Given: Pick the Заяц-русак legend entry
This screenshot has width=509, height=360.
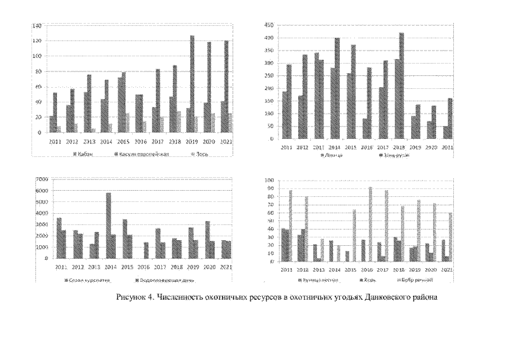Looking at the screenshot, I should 396,155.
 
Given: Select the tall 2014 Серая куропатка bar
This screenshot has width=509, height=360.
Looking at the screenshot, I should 109,225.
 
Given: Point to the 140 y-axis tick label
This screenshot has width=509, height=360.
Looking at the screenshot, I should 37,26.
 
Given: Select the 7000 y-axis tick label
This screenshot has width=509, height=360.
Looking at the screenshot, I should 42,179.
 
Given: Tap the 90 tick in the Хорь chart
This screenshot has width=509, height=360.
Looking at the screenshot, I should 271,188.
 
